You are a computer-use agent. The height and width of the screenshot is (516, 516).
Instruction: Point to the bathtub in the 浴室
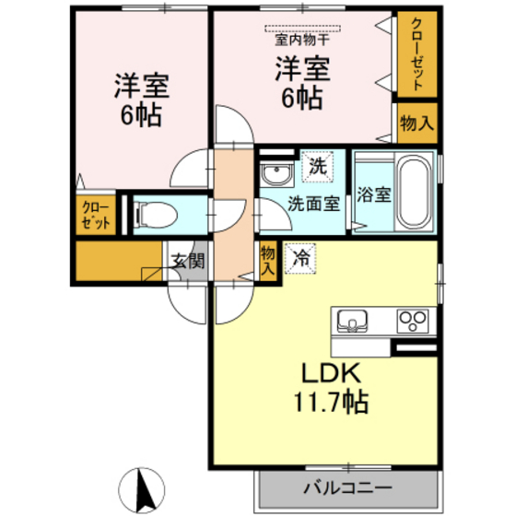[x=414, y=194]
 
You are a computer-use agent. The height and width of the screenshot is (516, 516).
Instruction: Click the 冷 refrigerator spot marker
[x=299, y=258]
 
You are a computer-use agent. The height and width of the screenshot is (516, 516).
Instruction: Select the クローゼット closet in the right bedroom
[x=416, y=55]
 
